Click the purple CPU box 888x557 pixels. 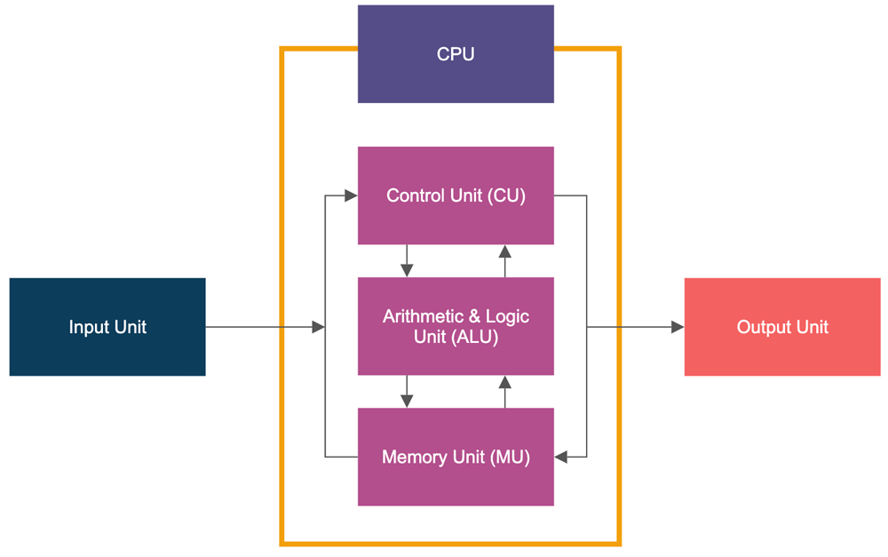pyautogui.click(x=456, y=54)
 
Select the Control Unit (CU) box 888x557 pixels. pyautogui.click(x=456, y=195)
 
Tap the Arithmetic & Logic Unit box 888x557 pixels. pyautogui.click(x=456, y=326)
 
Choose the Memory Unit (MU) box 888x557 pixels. pyautogui.click(x=456, y=457)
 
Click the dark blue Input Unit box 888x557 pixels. pyautogui.click(x=107, y=327)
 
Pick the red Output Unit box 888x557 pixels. pyautogui.click(x=782, y=327)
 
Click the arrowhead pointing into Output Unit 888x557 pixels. pyautogui.click(x=678, y=327)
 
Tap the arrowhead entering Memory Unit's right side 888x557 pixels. pyautogui.click(x=561, y=457)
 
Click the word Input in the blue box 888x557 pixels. pyautogui.click(x=87, y=327)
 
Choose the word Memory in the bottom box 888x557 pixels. pyautogui.click(x=414, y=457)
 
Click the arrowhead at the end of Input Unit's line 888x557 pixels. pyautogui.click(x=319, y=327)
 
